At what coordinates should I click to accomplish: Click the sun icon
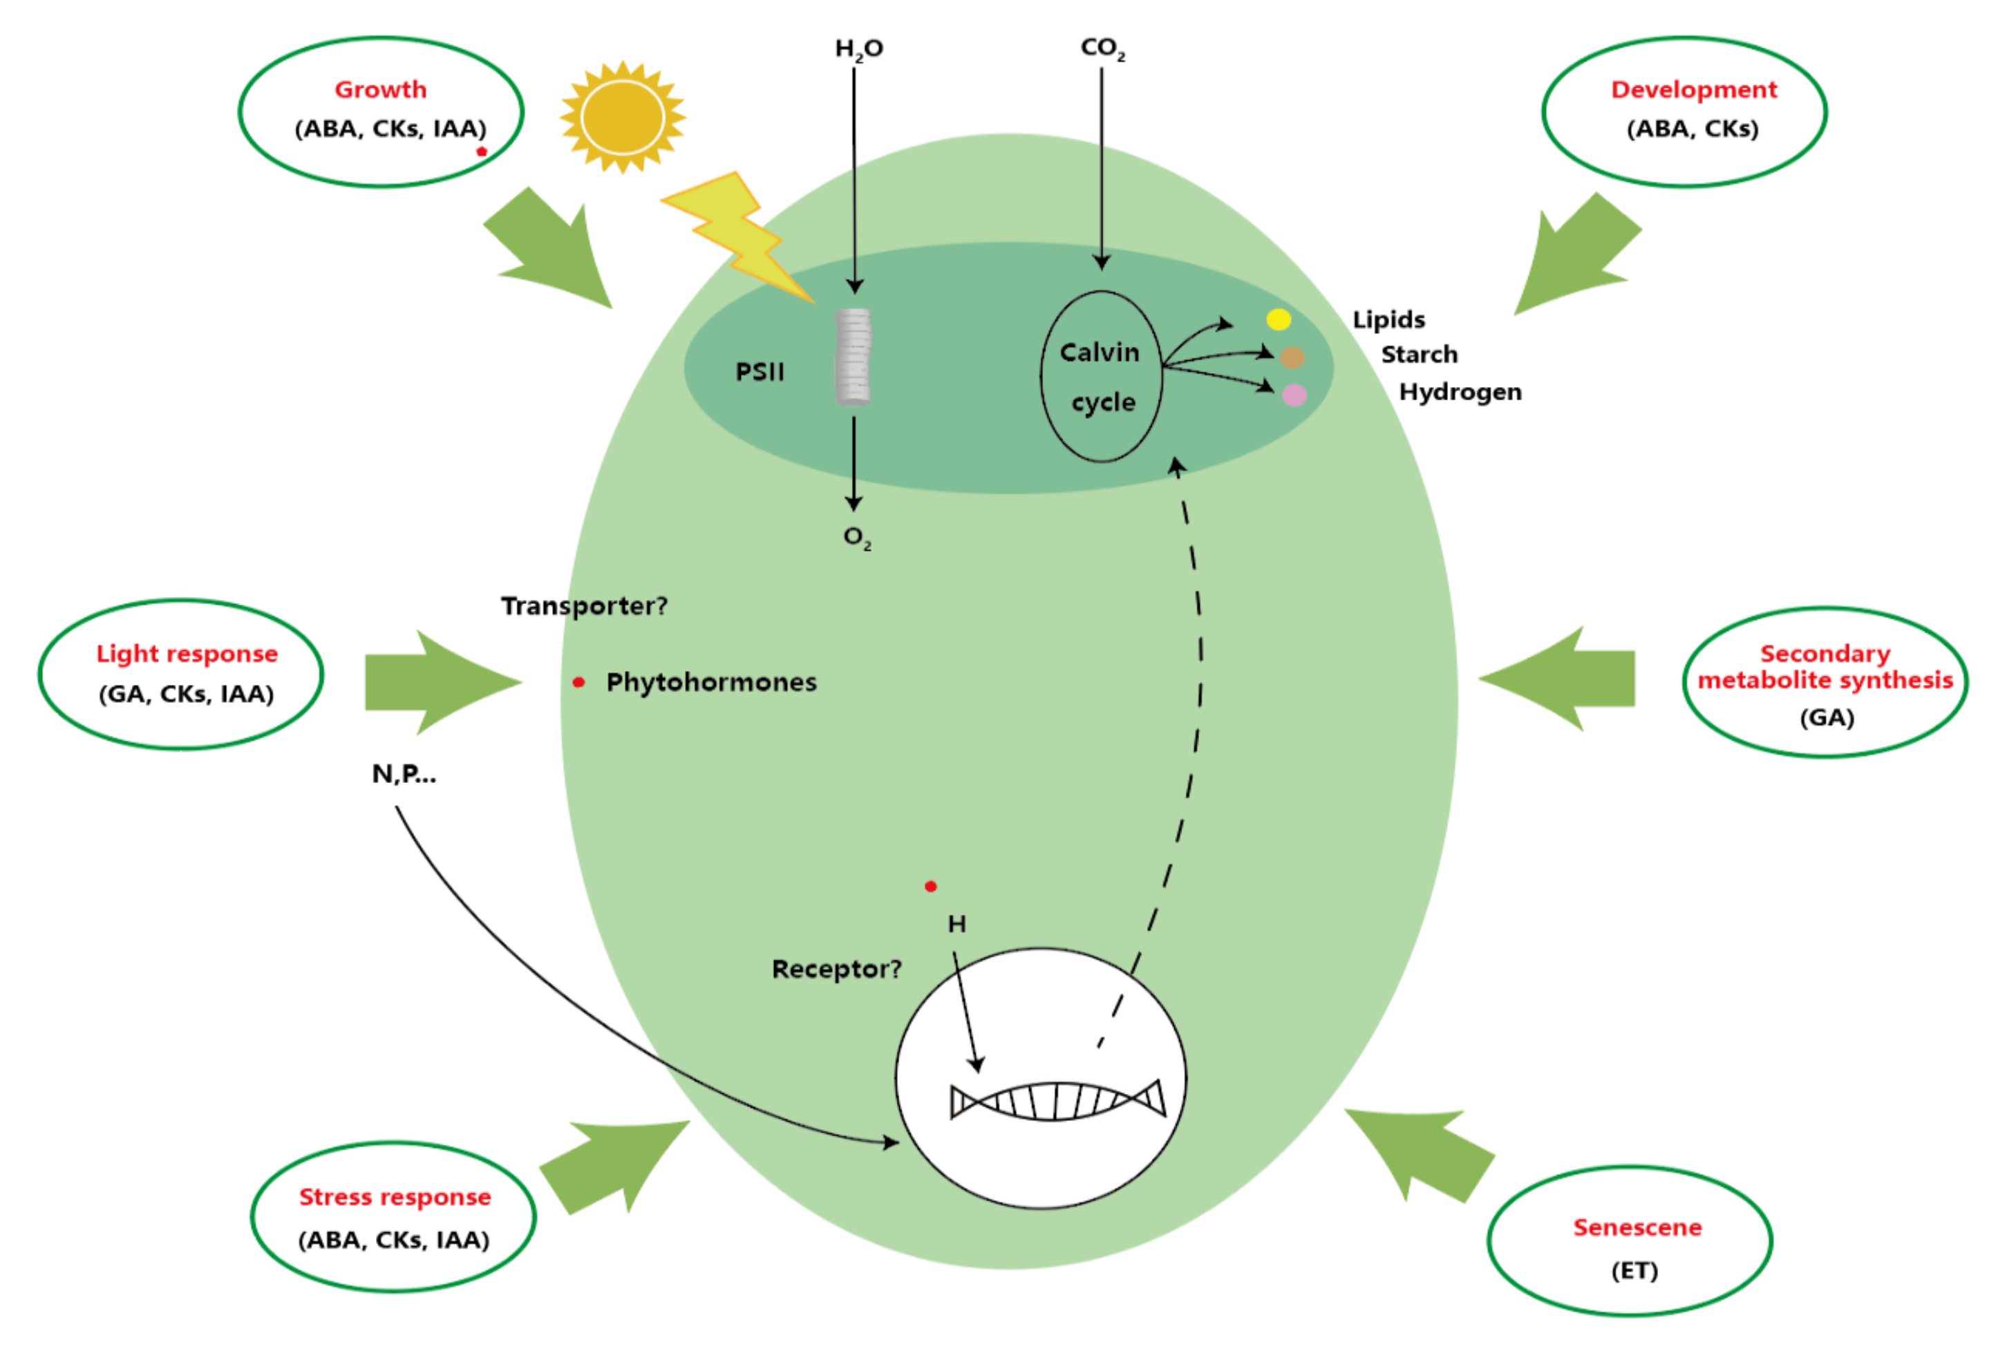point(622,117)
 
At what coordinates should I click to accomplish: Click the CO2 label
point(1102,48)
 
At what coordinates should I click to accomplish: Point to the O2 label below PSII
point(857,538)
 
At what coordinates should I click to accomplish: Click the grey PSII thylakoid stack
point(853,357)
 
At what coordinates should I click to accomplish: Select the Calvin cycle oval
point(1101,377)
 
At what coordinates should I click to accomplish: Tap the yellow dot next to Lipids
point(1279,320)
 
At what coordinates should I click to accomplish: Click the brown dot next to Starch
point(1292,357)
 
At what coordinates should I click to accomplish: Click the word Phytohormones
point(711,683)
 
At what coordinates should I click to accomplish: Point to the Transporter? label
point(584,606)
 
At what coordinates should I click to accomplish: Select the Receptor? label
point(836,969)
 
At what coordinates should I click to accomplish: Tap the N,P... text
point(404,774)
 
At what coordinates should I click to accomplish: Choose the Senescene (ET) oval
point(1629,1241)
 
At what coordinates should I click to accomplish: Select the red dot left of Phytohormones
point(578,683)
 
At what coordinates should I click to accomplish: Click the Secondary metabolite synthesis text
point(1825,667)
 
